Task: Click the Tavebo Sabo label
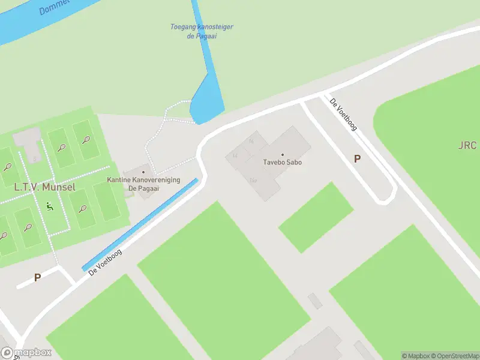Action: [282, 163]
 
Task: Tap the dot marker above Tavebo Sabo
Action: [282, 155]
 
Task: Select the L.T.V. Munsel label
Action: [44, 187]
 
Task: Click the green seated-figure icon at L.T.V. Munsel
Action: [49, 207]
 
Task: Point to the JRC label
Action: [467, 146]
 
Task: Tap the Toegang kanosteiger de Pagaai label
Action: [202, 31]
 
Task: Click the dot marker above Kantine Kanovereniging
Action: [143, 172]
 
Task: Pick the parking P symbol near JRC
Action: [357, 159]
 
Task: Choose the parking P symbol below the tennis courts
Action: [37, 278]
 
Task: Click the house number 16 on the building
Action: [251, 141]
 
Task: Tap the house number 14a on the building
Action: [253, 180]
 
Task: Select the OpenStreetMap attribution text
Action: [454, 356]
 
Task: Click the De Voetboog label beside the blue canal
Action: [105, 263]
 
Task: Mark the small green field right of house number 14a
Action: [316, 217]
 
